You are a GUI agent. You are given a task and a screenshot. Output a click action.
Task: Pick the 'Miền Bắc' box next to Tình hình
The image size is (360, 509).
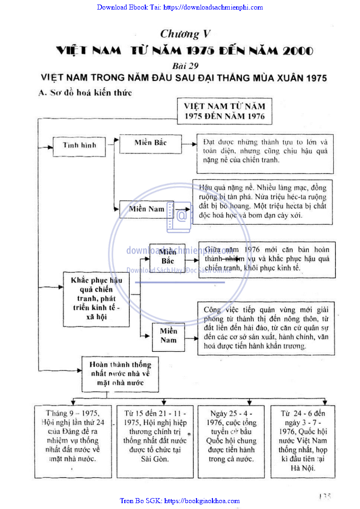click(150, 143)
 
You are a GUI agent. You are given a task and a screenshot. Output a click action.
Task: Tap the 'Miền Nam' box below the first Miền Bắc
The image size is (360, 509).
click(146, 209)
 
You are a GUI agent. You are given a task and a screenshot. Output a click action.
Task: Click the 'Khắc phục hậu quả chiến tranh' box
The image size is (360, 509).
click(96, 299)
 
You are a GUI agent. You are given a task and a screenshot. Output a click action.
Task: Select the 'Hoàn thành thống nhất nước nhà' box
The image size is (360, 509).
click(120, 374)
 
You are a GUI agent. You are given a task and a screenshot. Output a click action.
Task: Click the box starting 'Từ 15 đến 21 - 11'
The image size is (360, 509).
click(152, 440)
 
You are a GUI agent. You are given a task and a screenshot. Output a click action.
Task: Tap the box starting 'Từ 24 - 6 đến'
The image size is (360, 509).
click(303, 440)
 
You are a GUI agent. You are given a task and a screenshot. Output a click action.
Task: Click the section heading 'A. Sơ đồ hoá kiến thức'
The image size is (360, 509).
click(85, 93)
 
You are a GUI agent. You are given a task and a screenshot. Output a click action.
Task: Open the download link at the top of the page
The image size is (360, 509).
click(180, 7)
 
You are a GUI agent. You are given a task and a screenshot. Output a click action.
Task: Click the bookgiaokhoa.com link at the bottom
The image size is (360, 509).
click(180, 501)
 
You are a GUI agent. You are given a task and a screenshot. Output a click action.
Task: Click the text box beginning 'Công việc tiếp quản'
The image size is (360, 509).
click(266, 328)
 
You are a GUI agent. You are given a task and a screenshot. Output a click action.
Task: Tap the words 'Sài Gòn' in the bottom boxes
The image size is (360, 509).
click(152, 459)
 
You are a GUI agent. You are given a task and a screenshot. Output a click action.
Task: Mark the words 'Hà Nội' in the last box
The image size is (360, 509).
click(303, 468)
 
